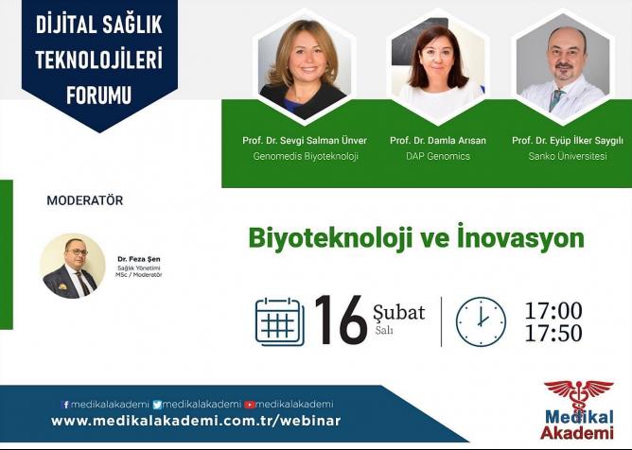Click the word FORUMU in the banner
click(98, 95)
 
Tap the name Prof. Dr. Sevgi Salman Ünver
click(305, 141)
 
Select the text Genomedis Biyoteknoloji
click(306, 156)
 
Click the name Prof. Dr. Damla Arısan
click(438, 141)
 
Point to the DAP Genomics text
click(438, 156)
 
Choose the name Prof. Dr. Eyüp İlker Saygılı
click(568, 141)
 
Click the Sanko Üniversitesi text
click(568, 156)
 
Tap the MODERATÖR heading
click(84, 200)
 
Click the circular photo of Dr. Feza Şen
click(73, 266)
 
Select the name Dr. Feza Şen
click(139, 259)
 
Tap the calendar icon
click(280, 321)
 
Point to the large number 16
click(341, 320)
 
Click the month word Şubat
click(399, 313)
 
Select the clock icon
click(481, 321)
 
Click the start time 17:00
click(553, 311)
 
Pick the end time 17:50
click(553, 334)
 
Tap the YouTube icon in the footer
click(250, 405)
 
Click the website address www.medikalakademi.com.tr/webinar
click(196, 421)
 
